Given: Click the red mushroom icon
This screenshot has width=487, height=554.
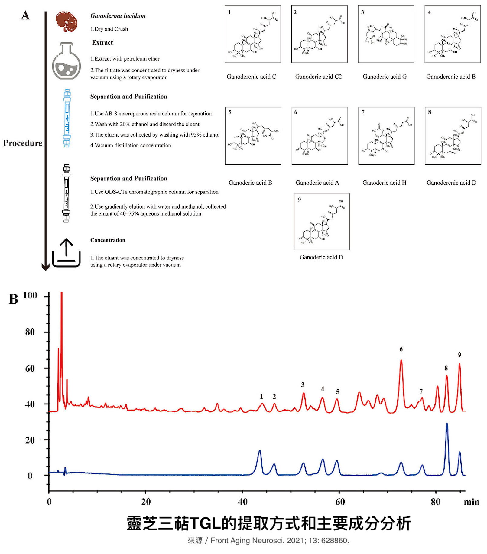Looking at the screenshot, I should pos(67,21).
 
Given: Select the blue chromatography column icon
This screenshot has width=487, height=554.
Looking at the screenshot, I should pos(67,118).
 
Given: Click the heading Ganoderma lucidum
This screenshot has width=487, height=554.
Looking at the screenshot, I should pos(118,16).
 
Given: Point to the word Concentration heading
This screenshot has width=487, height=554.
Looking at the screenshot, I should pos(108,240).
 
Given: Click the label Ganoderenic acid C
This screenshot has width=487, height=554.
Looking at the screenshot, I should pos(251,77).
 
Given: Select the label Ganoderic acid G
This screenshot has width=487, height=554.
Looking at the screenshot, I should pos(385,77).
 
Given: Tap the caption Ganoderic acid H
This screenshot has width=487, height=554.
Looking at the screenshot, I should pos(384,183).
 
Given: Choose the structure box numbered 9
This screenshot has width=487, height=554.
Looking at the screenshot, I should pos(322,222).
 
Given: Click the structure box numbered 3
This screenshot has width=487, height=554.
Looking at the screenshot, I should pos(386,34).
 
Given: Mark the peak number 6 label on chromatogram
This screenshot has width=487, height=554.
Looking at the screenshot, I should pos(401,349).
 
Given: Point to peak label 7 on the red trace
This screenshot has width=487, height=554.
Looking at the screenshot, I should pos(421,391).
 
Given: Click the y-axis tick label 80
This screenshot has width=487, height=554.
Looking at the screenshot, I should pos(30,332).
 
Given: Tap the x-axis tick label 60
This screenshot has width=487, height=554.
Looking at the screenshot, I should pos(340,502).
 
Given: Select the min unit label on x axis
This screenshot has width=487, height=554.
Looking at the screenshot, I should pos(472,502).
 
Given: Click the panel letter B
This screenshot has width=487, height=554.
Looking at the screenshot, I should pos(14,299).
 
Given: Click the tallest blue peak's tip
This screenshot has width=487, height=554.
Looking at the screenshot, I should pos(447,424).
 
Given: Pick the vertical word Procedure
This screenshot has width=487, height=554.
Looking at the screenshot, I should pos(23,143).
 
